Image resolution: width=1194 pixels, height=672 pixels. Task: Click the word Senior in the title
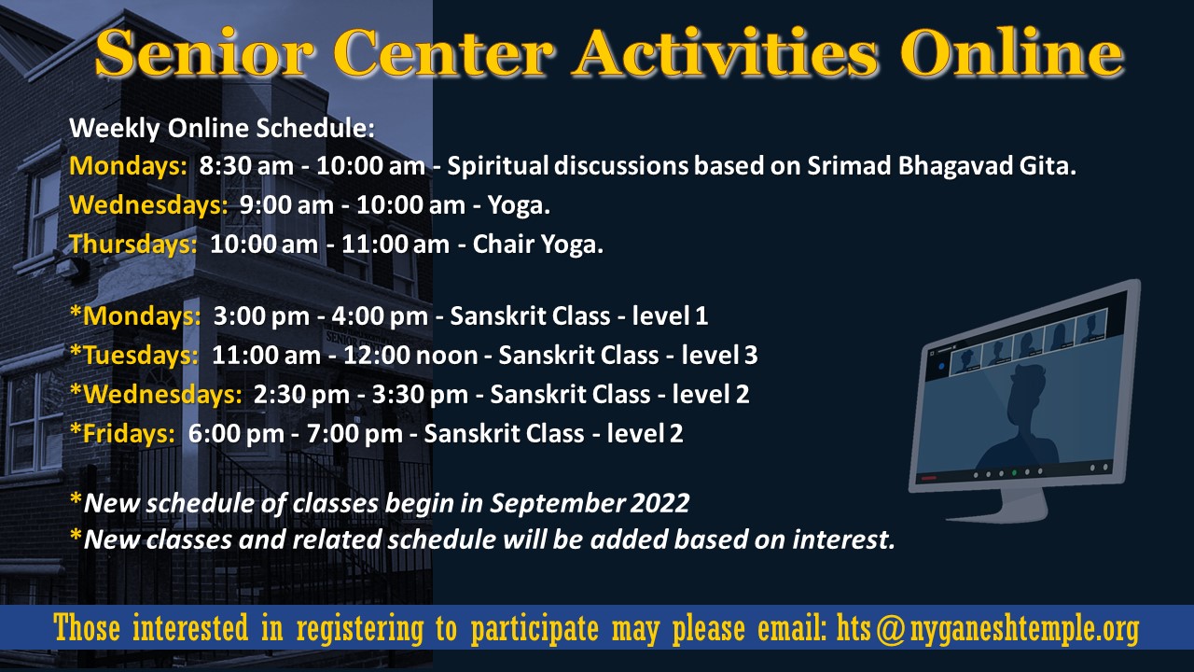(x=203, y=52)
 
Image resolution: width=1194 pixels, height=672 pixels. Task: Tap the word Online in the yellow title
(x=1012, y=51)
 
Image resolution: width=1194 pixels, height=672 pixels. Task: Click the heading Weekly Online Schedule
(x=222, y=129)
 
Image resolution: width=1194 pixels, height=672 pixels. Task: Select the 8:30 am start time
(x=246, y=166)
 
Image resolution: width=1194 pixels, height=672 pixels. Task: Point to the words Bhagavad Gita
(x=987, y=166)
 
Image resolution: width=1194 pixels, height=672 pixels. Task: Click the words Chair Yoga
(x=538, y=245)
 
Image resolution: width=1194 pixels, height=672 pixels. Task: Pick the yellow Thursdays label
(x=133, y=245)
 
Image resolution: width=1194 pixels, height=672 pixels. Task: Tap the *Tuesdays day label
(x=134, y=356)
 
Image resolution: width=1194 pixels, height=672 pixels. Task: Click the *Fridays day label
(x=122, y=433)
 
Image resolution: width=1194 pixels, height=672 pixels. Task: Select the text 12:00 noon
(x=410, y=356)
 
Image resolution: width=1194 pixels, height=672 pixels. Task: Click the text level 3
(x=719, y=356)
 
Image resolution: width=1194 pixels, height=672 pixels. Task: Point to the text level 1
(x=670, y=315)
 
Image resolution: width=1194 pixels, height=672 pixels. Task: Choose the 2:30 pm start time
(x=301, y=395)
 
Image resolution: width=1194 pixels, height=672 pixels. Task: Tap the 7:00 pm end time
(x=354, y=434)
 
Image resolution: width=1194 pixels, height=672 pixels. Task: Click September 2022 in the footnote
(x=590, y=503)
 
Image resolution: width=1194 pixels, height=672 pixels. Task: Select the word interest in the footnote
(x=842, y=539)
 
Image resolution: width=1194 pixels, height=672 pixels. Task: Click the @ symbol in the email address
(x=890, y=629)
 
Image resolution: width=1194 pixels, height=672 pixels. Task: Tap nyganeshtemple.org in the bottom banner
(x=1024, y=629)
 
